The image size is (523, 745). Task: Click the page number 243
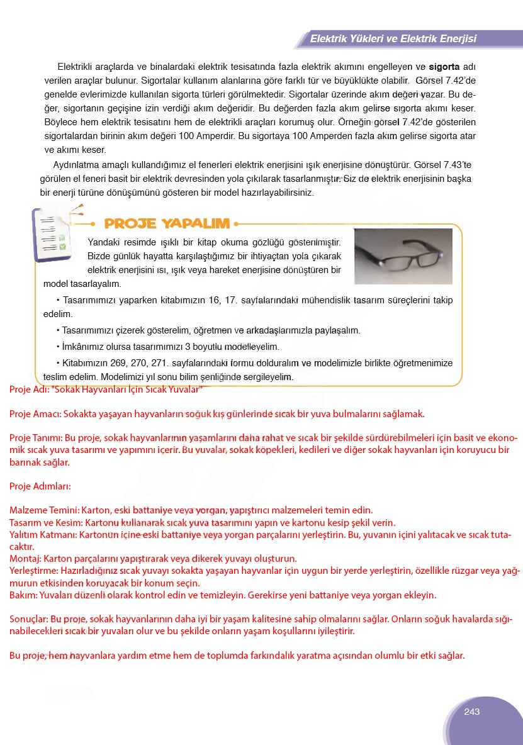[471, 712]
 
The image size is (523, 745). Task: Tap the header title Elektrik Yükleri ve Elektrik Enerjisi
[393, 39]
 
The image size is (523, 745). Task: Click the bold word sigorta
[444, 66]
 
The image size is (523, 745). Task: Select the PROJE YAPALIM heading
[167, 223]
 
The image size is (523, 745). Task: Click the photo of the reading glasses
[403, 256]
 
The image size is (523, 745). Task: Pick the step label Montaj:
[23, 559]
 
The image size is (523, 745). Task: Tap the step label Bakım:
[23, 595]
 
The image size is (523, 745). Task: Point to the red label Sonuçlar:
[28, 619]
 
